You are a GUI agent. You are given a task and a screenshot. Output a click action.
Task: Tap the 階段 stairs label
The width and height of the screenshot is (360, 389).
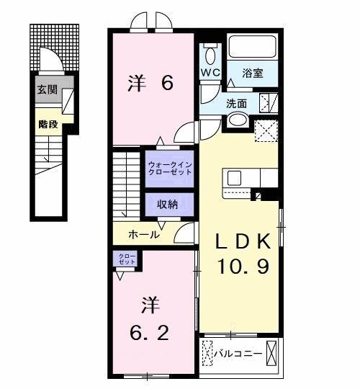48,123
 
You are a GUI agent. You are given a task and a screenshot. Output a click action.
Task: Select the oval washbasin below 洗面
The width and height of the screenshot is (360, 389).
238,120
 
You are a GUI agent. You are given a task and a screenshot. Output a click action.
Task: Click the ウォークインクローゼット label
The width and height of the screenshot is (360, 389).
169,169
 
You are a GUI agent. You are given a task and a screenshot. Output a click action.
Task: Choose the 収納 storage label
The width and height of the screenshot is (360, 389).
168,205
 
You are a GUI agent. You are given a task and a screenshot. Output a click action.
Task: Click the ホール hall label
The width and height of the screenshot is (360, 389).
144,235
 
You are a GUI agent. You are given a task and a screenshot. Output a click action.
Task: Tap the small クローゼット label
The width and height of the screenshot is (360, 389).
125,257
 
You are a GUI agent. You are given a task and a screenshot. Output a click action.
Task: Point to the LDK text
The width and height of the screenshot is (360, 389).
244,241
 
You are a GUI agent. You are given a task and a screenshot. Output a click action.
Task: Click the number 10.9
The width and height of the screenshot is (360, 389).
244,267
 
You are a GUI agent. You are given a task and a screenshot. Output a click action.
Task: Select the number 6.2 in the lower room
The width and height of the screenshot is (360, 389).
150,334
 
